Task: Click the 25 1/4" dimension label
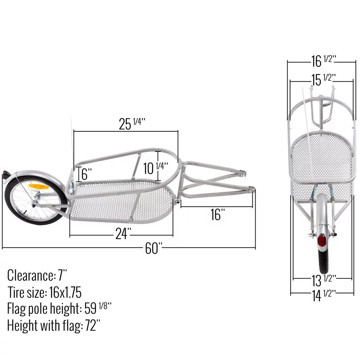tap(132, 123)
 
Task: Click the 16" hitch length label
tap(218, 215)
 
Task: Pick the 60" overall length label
tap(154, 249)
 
